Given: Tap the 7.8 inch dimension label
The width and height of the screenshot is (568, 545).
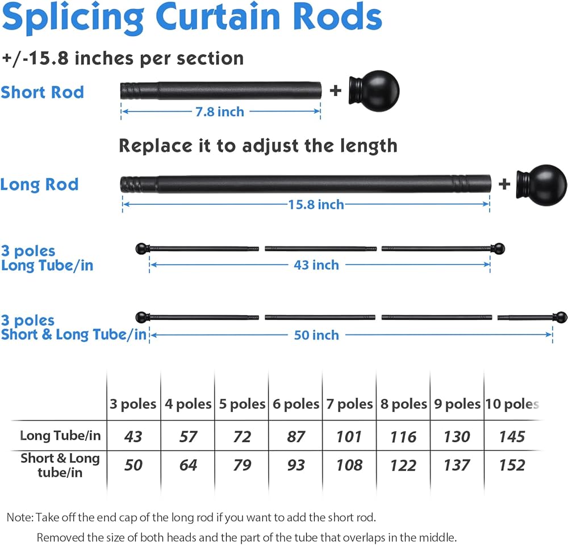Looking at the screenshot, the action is (220, 112).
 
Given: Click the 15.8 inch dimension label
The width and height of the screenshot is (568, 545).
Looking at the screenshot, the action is (316, 204).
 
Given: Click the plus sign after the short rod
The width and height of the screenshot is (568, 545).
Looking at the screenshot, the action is (336, 90).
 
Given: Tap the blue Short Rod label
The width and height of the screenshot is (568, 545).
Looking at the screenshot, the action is (42, 92).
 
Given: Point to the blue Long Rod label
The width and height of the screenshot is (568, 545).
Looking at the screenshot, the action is (39, 184).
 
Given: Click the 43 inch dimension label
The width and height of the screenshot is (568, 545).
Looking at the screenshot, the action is (316, 265).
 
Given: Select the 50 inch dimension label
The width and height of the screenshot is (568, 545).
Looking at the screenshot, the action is (316, 335).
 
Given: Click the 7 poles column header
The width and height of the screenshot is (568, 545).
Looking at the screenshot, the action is (349, 404).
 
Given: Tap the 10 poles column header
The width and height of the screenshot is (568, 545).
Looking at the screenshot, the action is (512, 404).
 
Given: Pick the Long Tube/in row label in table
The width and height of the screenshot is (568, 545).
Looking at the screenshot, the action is (60, 436).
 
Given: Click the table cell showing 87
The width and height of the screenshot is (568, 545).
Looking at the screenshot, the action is (295, 437).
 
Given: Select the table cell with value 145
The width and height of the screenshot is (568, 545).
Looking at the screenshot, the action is (512, 437).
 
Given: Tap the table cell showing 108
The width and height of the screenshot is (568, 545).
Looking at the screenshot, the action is (349, 465).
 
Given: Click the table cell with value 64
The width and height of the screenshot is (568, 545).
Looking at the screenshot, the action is (188, 465).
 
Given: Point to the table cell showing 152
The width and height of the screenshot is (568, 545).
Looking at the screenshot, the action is (512, 465).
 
